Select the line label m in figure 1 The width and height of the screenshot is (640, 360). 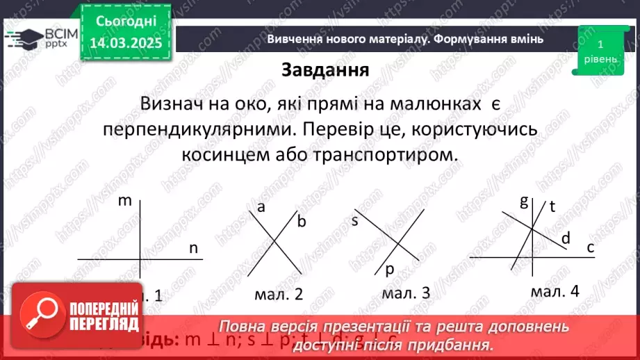click(x=125, y=202)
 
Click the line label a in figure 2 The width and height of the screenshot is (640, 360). click(x=261, y=207)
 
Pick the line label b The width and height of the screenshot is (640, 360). click(x=302, y=222)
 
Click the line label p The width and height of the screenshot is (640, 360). click(x=389, y=269)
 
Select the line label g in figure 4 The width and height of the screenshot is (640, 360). click(x=524, y=202)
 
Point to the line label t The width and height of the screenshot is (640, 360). click(x=553, y=206)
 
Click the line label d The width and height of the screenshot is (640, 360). click(x=565, y=238)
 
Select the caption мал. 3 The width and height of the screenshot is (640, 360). click(x=407, y=293)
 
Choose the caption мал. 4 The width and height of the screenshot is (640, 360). click(x=555, y=291)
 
